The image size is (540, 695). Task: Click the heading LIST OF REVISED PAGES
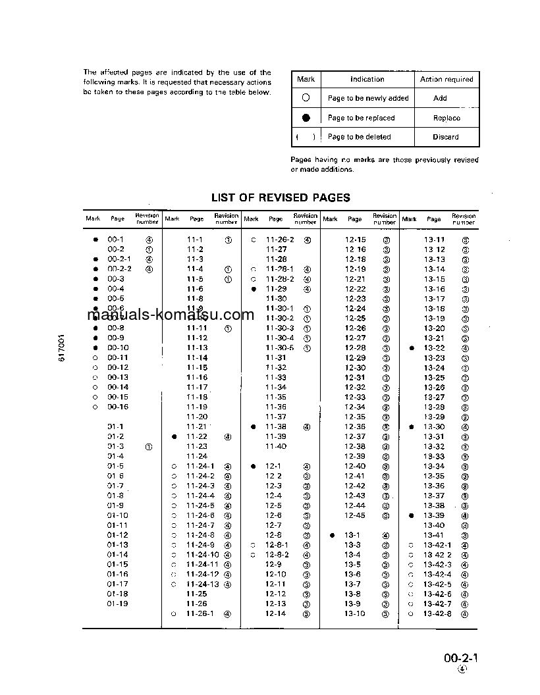click(281, 197)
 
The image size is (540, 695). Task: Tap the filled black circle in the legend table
click(306, 118)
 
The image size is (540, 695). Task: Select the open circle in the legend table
click(306, 98)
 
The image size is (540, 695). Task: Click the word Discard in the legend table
click(446, 137)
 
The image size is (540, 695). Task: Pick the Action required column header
click(446, 79)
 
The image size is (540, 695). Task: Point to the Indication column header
click(367, 79)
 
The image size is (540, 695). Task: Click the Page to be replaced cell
click(361, 118)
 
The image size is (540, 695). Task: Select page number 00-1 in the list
click(115, 240)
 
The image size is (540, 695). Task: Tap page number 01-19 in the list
click(117, 604)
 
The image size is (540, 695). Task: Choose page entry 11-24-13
click(202, 584)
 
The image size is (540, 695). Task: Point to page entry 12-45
click(355, 515)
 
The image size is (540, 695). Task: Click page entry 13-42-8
click(437, 613)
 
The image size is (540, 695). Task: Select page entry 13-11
click(434, 240)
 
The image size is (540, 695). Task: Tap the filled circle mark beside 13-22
click(412, 348)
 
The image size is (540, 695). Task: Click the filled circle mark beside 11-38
click(253, 427)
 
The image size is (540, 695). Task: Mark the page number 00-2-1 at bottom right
click(460, 657)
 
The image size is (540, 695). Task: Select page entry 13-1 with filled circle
click(353, 535)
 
